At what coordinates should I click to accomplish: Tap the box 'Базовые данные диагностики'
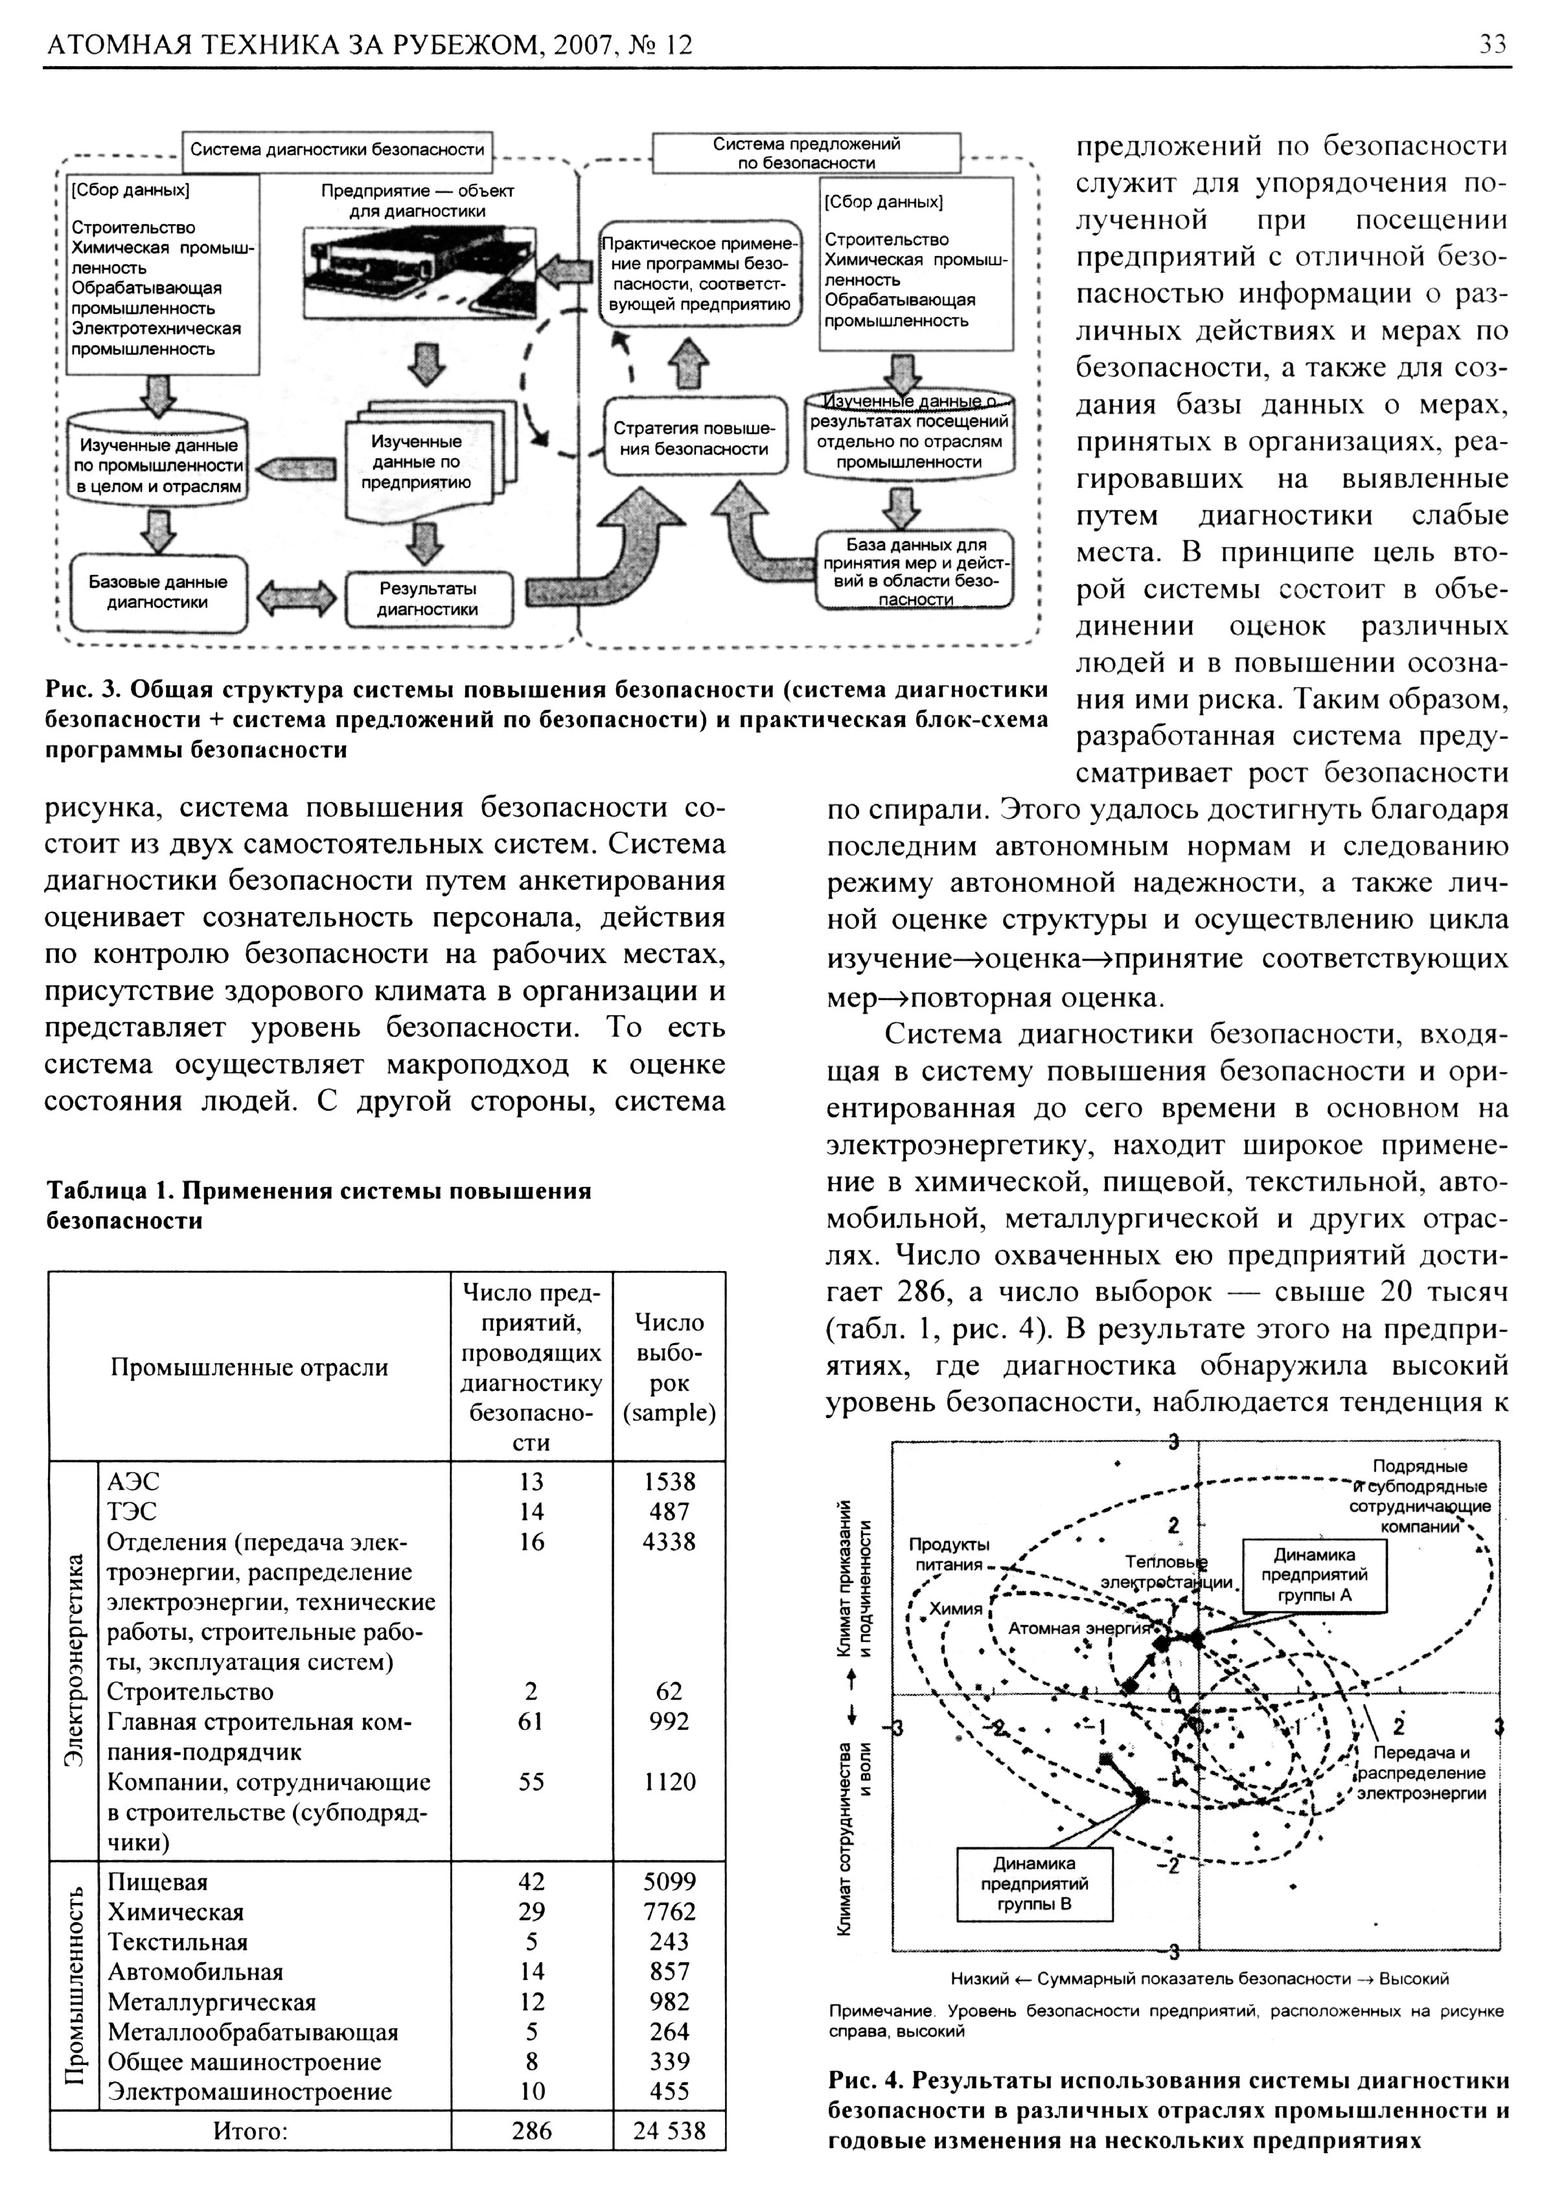(x=158, y=592)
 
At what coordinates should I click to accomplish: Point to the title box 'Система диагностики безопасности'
(x=337, y=150)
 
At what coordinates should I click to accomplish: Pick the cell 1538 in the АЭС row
(x=669, y=1482)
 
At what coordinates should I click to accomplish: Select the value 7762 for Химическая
(x=669, y=1912)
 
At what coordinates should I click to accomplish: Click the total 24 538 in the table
(x=669, y=2131)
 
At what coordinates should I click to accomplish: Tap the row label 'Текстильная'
(x=178, y=1942)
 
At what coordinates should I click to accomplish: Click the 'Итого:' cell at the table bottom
(x=250, y=2131)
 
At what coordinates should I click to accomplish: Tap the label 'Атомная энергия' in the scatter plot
(x=1078, y=1628)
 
